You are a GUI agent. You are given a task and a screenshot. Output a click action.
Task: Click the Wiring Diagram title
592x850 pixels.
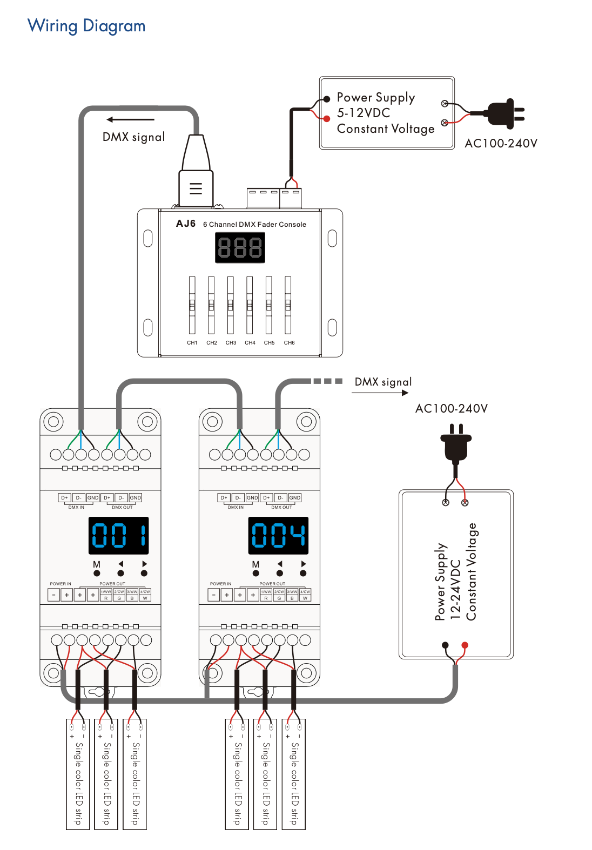tap(86, 26)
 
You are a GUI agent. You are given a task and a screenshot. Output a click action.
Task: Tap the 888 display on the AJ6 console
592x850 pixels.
tap(240, 248)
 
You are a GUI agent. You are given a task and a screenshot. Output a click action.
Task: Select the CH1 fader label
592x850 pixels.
tap(192, 343)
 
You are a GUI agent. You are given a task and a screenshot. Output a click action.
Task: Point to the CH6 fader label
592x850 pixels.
tap(289, 343)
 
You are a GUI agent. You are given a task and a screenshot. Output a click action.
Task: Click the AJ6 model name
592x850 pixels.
tap(186, 224)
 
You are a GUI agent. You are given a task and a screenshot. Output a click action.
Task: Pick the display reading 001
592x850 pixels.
tap(118, 536)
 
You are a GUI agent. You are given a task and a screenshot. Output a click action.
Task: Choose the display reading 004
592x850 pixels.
tap(278, 536)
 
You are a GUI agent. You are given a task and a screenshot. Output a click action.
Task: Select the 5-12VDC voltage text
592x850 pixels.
tap(363, 113)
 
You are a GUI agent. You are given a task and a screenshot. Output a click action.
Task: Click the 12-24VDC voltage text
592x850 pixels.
tap(455, 590)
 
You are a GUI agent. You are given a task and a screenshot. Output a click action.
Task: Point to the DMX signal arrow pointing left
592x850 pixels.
tap(130, 119)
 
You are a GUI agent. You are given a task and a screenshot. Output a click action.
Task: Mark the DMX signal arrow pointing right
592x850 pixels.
tap(380, 393)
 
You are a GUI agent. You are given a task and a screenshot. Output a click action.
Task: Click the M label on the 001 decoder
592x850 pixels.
tap(97, 564)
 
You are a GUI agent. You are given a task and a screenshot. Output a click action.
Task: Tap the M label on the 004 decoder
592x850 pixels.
tap(255, 564)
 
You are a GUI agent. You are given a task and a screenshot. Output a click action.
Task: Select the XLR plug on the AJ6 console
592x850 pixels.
tap(196, 173)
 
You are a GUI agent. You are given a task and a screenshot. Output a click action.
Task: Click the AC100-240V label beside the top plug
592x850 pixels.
tap(501, 144)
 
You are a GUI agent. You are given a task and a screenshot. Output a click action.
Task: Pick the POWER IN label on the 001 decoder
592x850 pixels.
tap(60, 584)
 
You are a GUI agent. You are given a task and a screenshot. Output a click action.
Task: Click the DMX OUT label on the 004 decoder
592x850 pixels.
tap(281, 508)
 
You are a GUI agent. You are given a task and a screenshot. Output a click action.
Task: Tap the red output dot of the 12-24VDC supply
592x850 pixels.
tap(465, 645)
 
